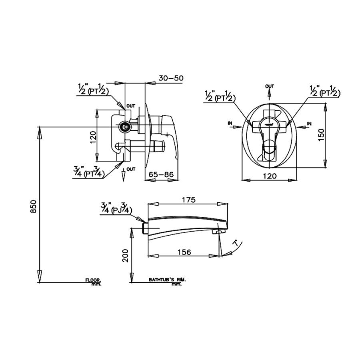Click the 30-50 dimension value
170,78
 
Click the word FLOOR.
93,280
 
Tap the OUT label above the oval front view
270,86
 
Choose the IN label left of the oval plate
230,124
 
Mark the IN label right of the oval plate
310,124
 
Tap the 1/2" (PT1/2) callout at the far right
325,92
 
